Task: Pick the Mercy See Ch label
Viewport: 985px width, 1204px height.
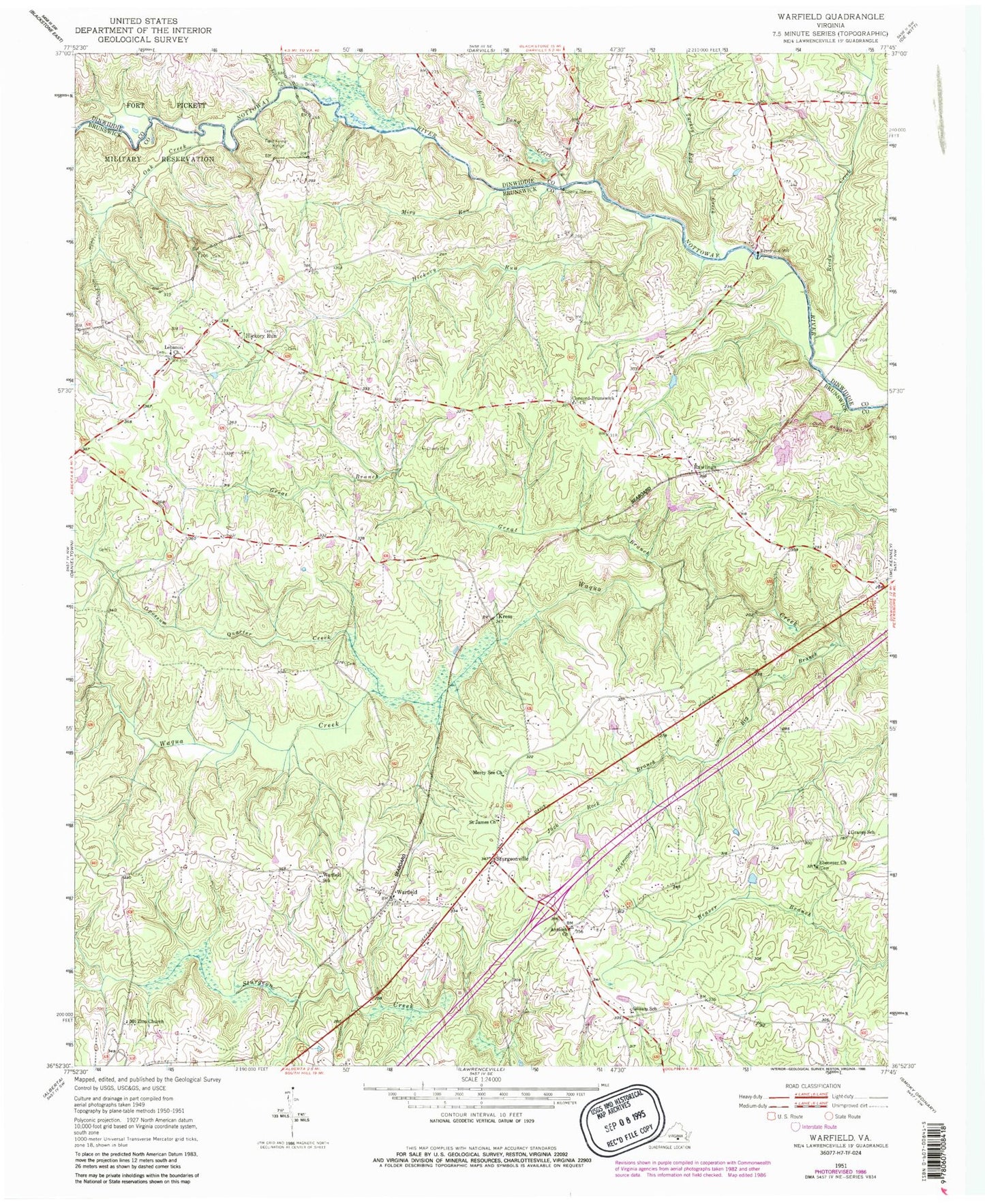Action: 487,773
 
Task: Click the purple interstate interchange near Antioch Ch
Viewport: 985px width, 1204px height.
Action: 549,906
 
